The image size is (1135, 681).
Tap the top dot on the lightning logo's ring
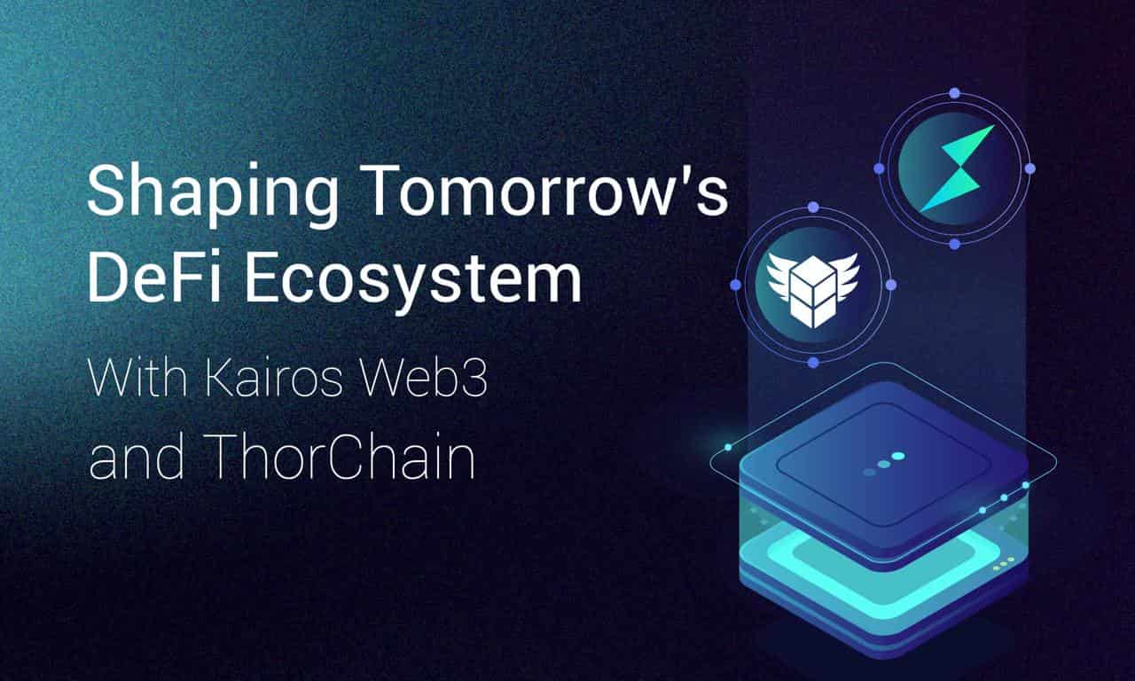point(954,92)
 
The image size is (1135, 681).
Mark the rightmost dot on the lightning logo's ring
point(1029,168)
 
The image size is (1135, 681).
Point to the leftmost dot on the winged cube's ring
point(735,285)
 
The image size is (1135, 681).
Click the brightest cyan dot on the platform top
point(898,456)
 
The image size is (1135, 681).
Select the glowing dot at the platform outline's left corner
point(728,448)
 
